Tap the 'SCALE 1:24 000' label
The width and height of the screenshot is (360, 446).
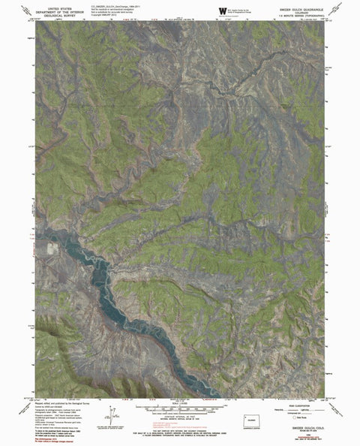coord(179,404)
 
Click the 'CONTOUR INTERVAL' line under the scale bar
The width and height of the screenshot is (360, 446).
coord(179,416)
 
